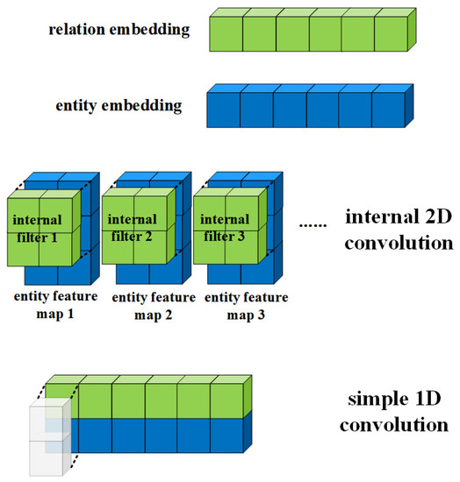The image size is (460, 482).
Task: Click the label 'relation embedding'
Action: pos(119,31)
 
